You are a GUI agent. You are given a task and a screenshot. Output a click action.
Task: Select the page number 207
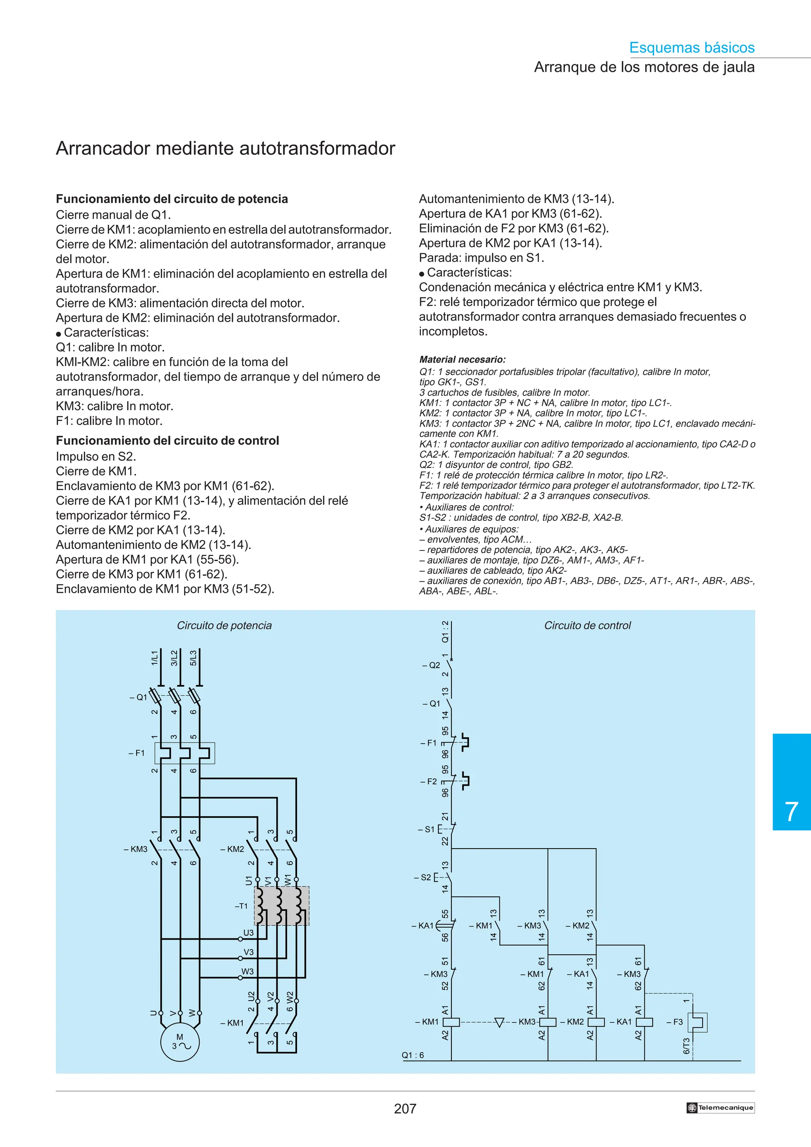click(x=405, y=1109)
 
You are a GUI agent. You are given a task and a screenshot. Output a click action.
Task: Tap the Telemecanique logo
click(x=720, y=1107)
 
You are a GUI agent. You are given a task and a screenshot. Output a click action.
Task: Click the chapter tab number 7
click(x=791, y=811)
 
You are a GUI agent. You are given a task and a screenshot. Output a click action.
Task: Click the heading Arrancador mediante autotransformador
click(x=225, y=148)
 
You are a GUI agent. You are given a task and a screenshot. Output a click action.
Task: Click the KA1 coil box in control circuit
click(x=645, y=1022)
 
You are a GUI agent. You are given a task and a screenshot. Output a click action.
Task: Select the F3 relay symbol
click(x=698, y=1022)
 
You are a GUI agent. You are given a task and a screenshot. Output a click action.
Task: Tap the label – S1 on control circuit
click(x=426, y=829)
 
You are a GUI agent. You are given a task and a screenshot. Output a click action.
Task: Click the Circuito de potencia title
click(x=225, y=625)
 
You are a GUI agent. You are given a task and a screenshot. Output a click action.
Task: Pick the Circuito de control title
click(x=587, y=625)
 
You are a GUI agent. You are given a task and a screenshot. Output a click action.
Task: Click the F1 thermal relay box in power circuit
click(x=185, y=753)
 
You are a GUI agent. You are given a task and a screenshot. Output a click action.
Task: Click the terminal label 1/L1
click(x=154, y=657)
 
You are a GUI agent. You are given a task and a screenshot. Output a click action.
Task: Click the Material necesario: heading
click(x=462, y=359)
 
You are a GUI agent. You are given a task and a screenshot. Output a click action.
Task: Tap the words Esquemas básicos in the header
click(x=691, y=47)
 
